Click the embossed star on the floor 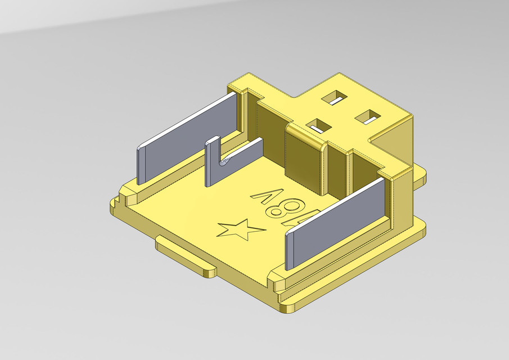tap(240, 229)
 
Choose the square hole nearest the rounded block tap(318, 125)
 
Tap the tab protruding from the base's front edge tap(186, 256)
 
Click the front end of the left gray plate tap(141, 165)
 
